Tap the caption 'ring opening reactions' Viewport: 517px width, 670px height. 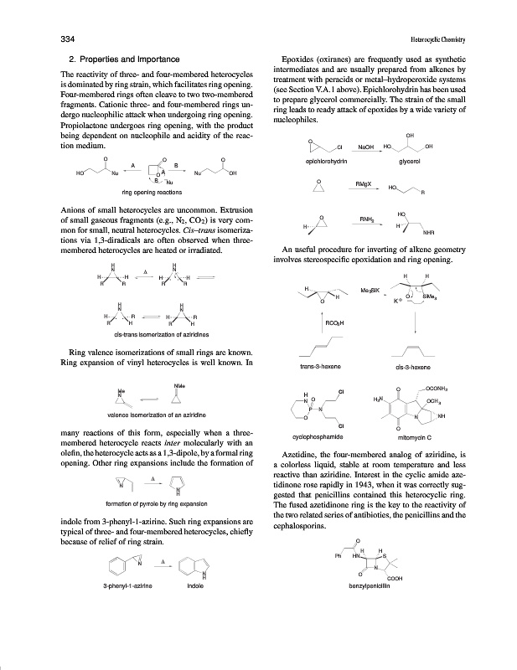point(152,193)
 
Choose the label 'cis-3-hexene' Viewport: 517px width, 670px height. point(412,366)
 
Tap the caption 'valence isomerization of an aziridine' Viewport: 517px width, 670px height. point(152,415)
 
